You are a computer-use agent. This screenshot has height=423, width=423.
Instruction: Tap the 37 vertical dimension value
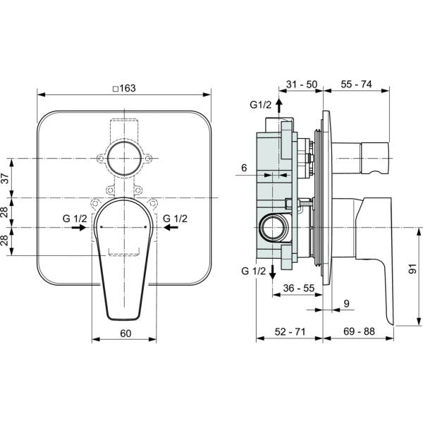(6, 178)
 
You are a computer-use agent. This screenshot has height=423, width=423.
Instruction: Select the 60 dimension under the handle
(125, 333)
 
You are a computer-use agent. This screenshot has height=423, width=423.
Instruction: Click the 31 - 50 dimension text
(302, 85)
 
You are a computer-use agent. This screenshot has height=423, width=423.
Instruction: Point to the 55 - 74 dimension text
(356, 84)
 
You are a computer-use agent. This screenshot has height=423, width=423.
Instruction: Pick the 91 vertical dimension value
(412, 269)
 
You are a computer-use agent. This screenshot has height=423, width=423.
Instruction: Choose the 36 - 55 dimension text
(299, 288)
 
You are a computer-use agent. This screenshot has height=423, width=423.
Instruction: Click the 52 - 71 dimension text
(290, 331)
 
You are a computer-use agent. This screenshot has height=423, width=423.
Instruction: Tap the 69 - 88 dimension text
(359, 331)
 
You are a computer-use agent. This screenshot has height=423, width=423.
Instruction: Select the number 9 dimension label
(347, 303)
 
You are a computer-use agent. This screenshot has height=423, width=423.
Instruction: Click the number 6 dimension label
(244, 168)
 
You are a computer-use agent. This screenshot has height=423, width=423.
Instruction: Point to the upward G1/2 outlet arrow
(279, 106)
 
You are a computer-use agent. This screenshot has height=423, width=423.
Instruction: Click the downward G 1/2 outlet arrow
(272, 272)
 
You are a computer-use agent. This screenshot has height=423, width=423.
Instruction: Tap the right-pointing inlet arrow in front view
(79, 228)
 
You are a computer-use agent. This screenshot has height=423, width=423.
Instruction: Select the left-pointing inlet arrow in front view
(171, 228)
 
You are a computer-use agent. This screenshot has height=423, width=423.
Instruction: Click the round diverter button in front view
(124, 159)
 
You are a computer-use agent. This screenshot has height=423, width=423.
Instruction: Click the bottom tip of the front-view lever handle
(124, 320)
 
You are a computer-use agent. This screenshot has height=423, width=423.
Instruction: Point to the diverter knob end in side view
(375, 159)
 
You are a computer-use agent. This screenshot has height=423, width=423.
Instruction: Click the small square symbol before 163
(116, 89)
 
